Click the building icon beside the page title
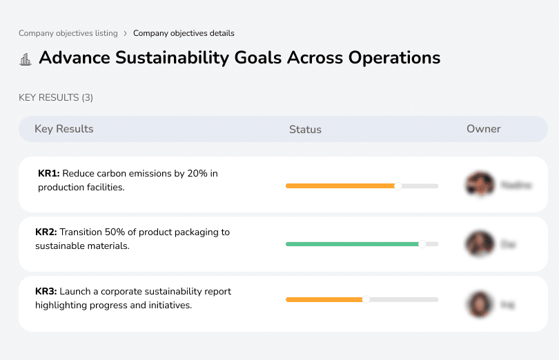[26, 59]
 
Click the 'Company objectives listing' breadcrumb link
[68, 33]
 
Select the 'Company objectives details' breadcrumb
[184, 33]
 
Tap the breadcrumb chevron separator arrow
[125, 33]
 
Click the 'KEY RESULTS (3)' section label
[56, 98]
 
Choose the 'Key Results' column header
[64, 129]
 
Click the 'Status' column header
[305, 130]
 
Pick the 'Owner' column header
[484, 129]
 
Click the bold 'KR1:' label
[49, 174]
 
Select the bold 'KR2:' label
[46, 232]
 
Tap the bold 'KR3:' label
[46, 292]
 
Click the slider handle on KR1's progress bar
[398, 186]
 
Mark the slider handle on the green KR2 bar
[422, 244]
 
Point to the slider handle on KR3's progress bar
[366, 299]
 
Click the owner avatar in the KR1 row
[479, 185]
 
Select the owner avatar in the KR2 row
[479, 244]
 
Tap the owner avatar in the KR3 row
[479, 303]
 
